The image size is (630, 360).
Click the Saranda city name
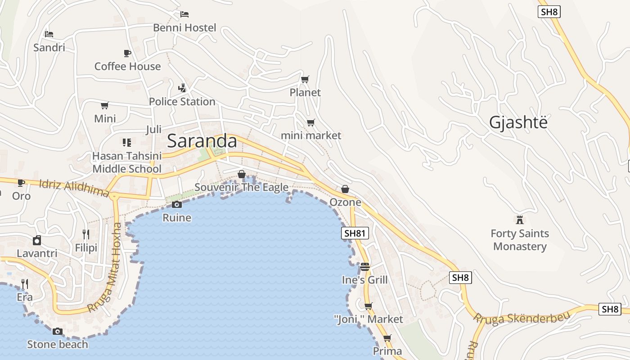point(202,141)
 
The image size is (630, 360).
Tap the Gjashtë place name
point(518,122)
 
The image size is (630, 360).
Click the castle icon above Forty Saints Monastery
point(520,220)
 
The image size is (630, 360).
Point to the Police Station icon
point(182,88)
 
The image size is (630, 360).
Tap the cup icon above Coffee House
point(127,53)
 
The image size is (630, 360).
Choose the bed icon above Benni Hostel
point(184,14)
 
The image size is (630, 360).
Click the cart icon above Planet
point(305,79)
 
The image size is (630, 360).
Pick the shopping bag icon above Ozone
point(345,189)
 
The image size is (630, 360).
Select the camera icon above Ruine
point(177,205)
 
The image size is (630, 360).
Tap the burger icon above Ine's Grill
point(364,266)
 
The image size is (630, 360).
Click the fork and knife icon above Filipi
point(86,234)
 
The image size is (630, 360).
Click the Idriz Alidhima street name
point(74,188)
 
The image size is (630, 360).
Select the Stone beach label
point(58,345)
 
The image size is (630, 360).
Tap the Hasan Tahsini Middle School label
point(127,162)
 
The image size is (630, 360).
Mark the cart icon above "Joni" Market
point(369,306)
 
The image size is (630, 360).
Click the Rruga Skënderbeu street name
point(522,317)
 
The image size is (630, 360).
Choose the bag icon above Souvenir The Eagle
point(242,174)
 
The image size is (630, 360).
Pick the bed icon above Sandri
point(49,34)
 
